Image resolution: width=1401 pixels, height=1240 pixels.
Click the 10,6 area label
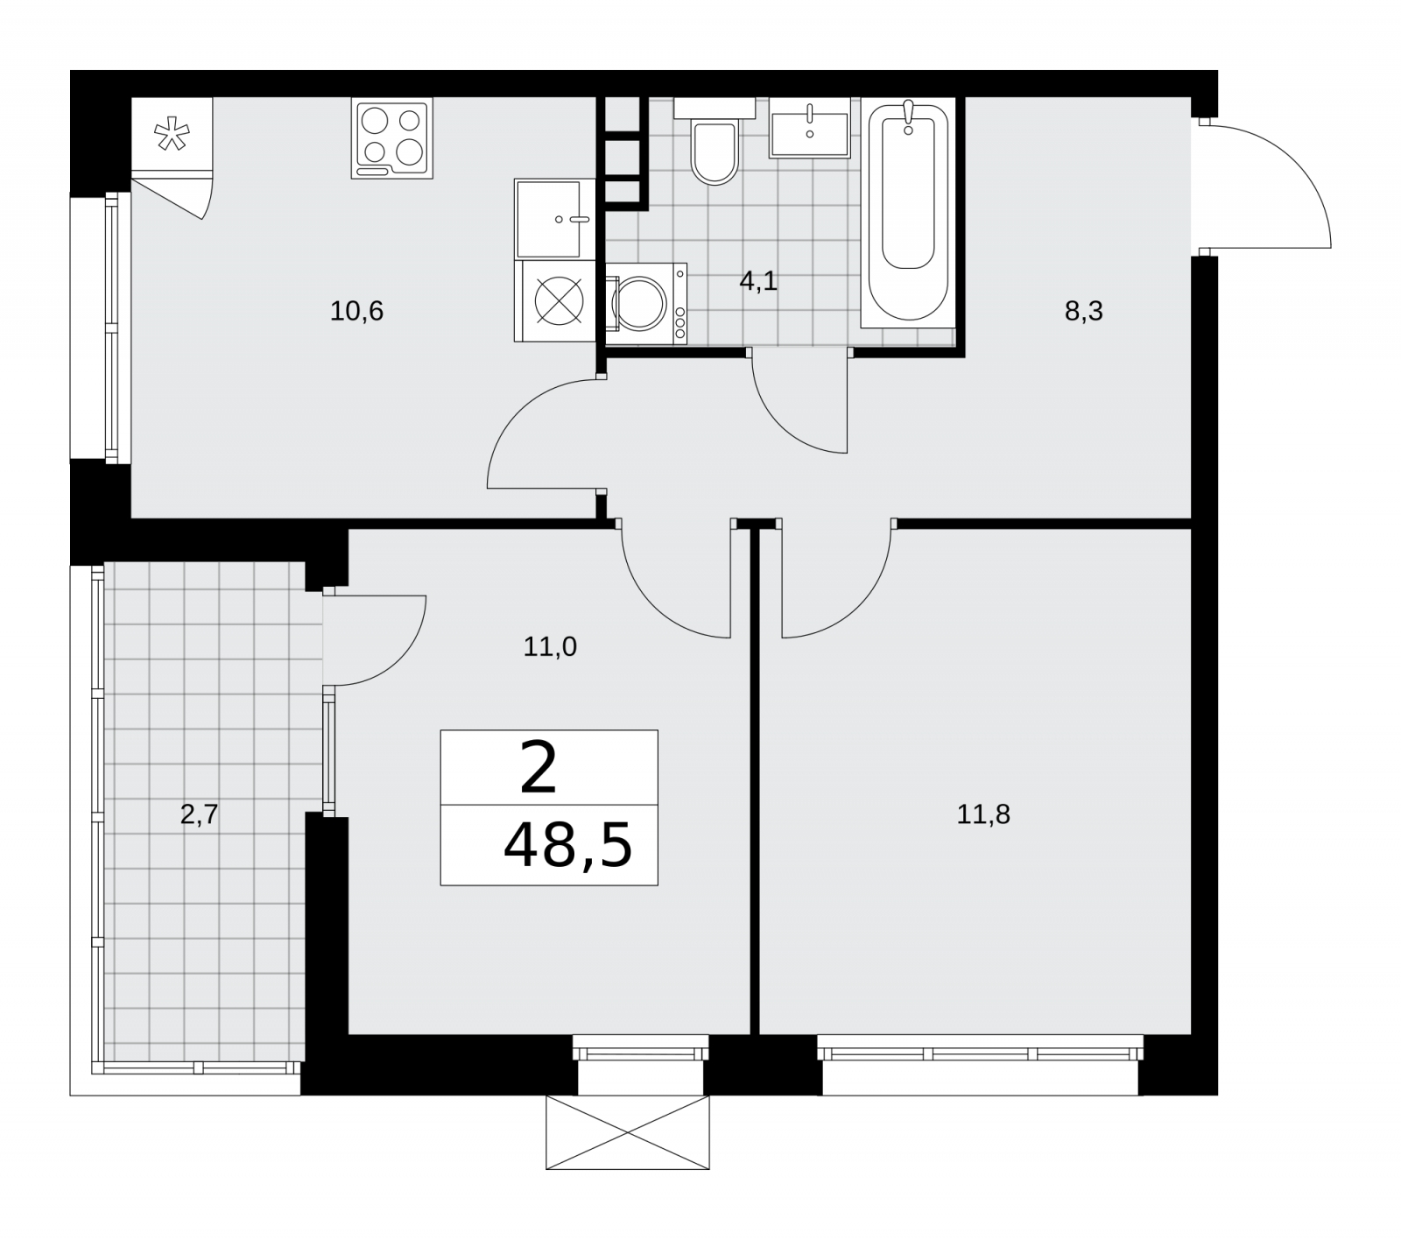(357, 311)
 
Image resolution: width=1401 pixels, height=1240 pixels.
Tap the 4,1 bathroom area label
(758, 282)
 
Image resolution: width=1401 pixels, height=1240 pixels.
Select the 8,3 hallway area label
(1083, 311)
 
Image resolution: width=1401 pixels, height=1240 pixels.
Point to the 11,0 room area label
(550, 647)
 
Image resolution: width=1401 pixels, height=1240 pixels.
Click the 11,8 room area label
(983, 815)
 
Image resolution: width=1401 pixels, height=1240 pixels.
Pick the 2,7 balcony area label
(199, 815)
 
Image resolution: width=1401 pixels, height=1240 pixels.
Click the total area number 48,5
(567, 848)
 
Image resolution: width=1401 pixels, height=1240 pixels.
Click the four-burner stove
(392, 138)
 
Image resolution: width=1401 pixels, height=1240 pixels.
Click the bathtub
(908, 213)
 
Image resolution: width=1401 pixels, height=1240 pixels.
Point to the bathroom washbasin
(810, 128)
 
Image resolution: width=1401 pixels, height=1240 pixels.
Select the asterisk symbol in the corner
(172, 135)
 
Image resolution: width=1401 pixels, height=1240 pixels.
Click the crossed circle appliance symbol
(559, 301)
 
